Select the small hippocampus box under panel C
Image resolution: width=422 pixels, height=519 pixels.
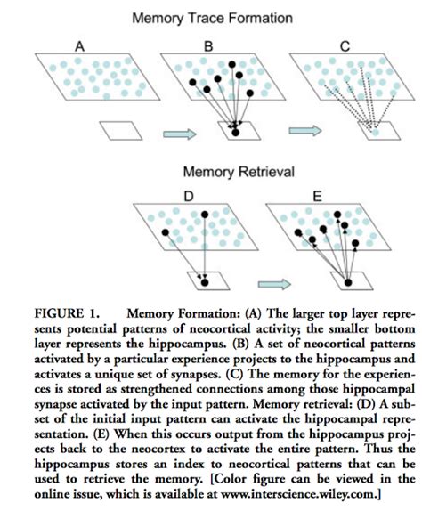375,131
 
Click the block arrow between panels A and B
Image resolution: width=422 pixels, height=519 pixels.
176,134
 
